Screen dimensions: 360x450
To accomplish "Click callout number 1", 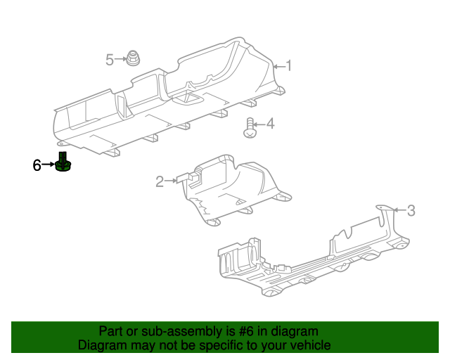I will click(x=288, y=66).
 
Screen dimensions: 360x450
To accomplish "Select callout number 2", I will click(x=160, y=181).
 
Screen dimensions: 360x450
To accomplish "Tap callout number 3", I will click(x=411, y=210).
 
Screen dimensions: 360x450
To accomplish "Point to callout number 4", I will click(x=270, y=124).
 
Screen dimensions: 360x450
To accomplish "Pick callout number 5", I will click(x=110, y=60).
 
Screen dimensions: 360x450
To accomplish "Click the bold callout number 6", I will click(x=37, y=165).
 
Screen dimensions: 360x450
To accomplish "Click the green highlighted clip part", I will click(x=64, y=164).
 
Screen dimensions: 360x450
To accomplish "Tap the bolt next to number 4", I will click(x=250, y=129).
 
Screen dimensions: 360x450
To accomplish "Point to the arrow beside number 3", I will click(x=399, y=210).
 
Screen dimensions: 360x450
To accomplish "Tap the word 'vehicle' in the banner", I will click(x=311, y=345).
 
